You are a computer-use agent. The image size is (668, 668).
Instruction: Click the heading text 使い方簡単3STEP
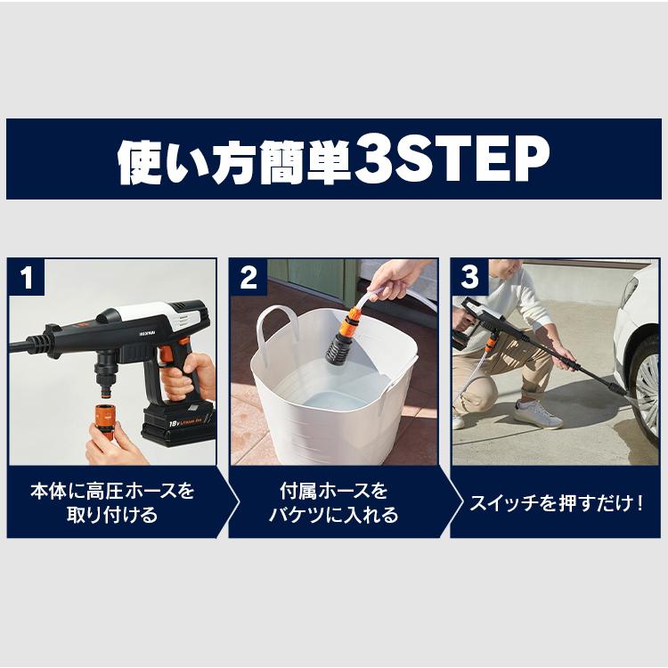point(333,160)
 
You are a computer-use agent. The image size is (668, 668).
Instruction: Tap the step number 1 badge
point(26,278)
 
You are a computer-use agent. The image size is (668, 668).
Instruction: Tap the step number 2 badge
point(248,278)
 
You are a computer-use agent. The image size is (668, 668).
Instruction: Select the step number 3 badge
point(469,278)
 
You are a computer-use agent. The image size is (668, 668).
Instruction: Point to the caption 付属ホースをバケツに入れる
point(334,502)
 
